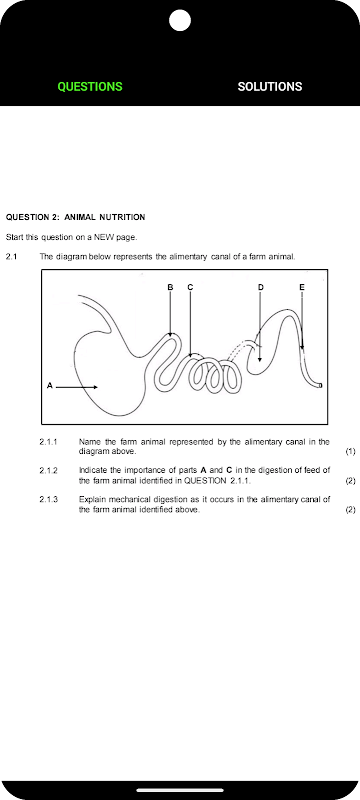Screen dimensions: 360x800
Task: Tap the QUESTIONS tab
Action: click(x=90, y=87)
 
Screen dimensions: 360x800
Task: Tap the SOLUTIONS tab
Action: click(x=270, y=87)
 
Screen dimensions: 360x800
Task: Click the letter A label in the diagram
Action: click(x=49, y=386)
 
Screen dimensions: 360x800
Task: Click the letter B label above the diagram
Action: click(x=170, y=287)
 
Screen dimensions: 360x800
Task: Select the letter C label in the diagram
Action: click(x=190, y=287)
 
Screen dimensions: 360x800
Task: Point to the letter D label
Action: click(x=261, y=287)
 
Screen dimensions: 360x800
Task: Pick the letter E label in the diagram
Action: click(x=302, y=287)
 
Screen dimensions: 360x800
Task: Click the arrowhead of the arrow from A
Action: click(x=95, y=387)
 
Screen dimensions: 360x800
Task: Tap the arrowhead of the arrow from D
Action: click(x=260, y=359)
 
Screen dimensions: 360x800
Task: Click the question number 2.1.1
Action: click(x=48, y=442)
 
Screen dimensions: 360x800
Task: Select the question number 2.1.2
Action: click(x=48, y=470)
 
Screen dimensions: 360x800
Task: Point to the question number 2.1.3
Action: click(x=48, y=499)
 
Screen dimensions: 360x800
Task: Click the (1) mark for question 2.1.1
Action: click(x=350, y=452)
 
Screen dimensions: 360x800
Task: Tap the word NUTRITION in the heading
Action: click(x=122, y=217)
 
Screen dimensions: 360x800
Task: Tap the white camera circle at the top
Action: click(x=180, y=20)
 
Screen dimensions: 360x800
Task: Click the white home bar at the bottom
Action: click(x=180, y=790)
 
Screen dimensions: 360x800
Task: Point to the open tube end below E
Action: click(x=320, y=386)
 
